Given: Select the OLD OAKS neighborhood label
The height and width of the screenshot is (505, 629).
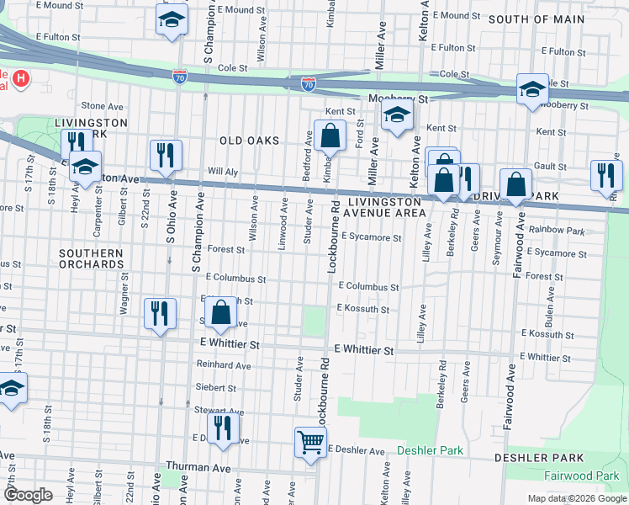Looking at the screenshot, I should coord(249,141).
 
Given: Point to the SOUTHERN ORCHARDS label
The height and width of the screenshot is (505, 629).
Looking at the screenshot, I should coord(91,258).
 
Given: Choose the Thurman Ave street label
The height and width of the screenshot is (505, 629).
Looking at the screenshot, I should coord(198,466).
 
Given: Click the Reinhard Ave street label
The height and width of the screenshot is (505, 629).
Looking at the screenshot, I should coord(224,365).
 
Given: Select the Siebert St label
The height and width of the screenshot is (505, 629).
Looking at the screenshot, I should coord(216,388).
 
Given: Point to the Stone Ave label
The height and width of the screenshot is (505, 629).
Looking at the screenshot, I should coord(102,106).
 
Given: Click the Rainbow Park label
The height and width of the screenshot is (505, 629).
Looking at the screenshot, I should coord(557,230).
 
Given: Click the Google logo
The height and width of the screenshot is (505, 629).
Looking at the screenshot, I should coord(29,495).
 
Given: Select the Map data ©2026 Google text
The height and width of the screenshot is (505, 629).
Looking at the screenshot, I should coord(576,498).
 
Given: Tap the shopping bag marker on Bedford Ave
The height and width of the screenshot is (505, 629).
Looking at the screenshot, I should coord(330,135).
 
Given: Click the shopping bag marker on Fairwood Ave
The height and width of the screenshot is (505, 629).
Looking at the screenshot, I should coord(515,183).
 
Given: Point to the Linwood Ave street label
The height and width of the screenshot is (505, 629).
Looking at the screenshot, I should coord(283,224).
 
